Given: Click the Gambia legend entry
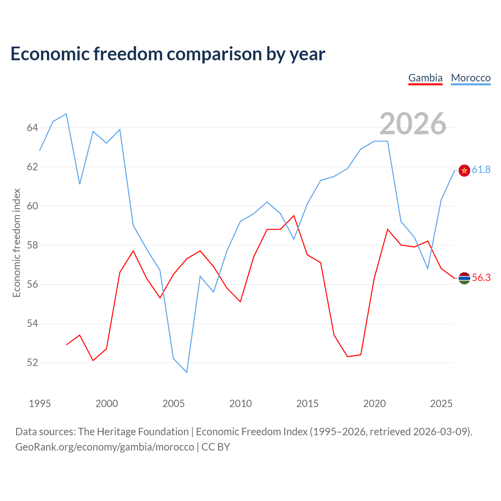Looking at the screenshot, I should pyautogui.click(x=425, y=78).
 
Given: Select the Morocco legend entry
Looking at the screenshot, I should pyautogui.click(x=470, y=78).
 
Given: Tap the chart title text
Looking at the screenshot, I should pyautogui.click(x=168, y=54).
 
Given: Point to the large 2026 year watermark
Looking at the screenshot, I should pyautogui.click(x=413, y=124).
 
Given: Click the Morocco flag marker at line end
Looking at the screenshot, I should pyautogui.click(x=464, y=171).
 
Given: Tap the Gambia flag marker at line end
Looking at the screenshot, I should pyautogui.click(x=464, y=278).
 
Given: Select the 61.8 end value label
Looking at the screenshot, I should pyautogui.click(x=481, y=169).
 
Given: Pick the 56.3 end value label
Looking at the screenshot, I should pyautogui.click(x=481, y=278).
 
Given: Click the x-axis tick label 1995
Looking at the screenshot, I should pyautogui.click(x=40, y=404).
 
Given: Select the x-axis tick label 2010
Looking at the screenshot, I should pyautogui.click(x=240, y=404).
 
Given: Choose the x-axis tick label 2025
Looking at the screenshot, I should pyautogui.click(x=441, y=404).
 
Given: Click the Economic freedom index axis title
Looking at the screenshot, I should pyautogui.click(x=16, y=243).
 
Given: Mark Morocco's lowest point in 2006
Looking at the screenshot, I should pyautogui.click(x=187, y=372).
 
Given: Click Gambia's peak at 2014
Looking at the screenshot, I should pyautogui.click(x=294, y=216).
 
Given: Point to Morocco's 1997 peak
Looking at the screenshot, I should pyautogui.click(x=67, y=114).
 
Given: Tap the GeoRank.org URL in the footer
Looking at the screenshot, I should pyautogui.click(x=105, y=447).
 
